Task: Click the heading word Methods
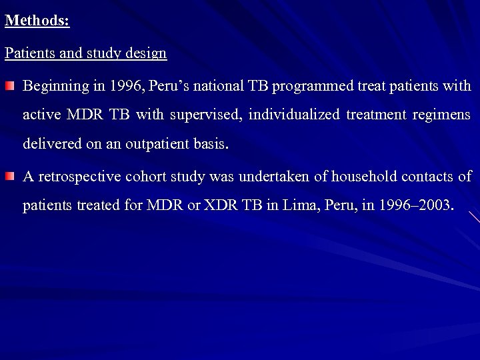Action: click(37, 20)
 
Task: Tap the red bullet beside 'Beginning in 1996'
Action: click(10, 87)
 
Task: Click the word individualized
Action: click(293, 115)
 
